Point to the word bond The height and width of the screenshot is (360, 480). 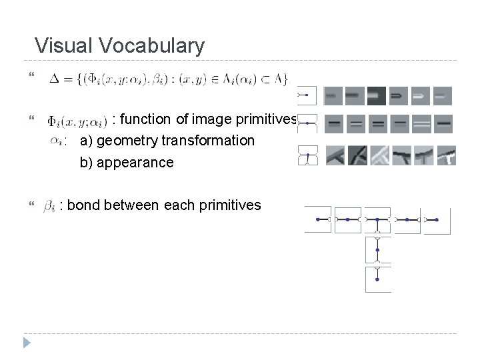(83, 205)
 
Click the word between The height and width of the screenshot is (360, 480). (130, 205)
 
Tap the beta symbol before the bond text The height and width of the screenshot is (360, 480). (49, 207)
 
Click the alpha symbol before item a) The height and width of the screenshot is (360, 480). (57, 140)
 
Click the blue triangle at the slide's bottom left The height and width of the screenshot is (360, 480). (27, 343)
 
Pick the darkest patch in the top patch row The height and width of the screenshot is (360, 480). (376, 96)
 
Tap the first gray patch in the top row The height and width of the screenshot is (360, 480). (333, 96)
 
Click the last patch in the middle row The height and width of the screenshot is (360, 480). (443, 124)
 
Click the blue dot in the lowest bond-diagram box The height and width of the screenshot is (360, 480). (377, 279)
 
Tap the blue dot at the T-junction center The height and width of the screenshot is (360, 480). (377, 219)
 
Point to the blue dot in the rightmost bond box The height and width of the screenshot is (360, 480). (437, 219)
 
